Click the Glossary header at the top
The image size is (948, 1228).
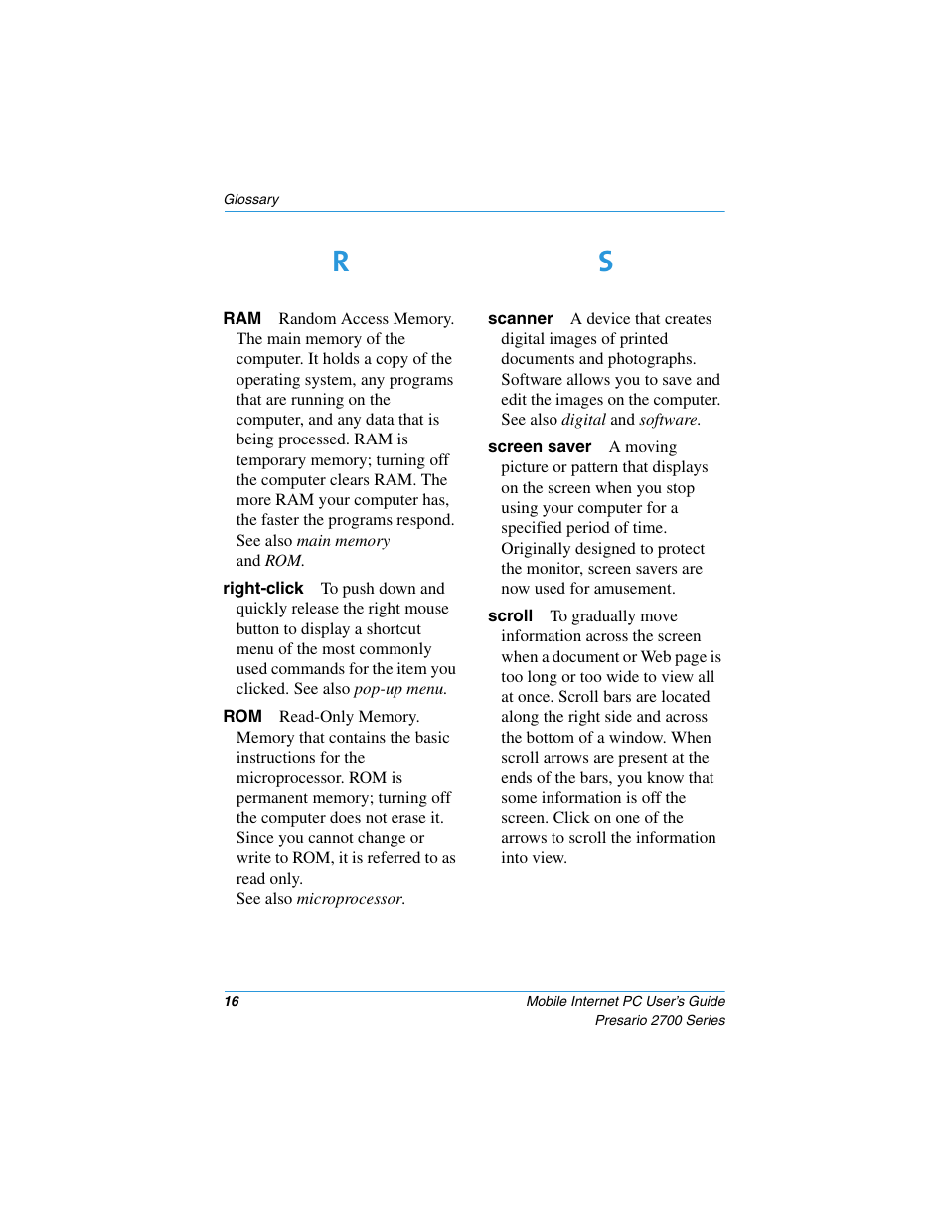coord(251,199)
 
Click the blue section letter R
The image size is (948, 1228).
coord(340,262)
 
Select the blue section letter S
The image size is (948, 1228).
coord(605,262)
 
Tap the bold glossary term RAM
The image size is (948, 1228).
coord(241,318)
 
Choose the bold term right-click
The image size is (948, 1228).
coord(262,589)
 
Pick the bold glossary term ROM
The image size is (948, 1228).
coord(242,717)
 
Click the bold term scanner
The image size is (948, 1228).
coord(520,319)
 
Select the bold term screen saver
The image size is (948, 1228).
coord(539,447)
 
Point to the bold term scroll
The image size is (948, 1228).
coord(510,616)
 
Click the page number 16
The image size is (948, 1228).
coord(232,1001)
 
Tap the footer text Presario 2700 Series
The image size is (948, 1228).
coord(660,1021)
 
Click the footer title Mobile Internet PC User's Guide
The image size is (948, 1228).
coord(625,1001)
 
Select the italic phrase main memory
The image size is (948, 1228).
coord(343,541)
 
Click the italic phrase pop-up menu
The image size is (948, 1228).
coord(399,689)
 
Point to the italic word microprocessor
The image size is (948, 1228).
coord(350,899)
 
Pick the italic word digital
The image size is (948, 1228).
coord(583,420)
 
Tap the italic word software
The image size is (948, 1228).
coord(668,420)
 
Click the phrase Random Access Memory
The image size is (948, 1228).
coord(365,319)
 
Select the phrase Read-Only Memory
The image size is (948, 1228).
coord(349,717)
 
